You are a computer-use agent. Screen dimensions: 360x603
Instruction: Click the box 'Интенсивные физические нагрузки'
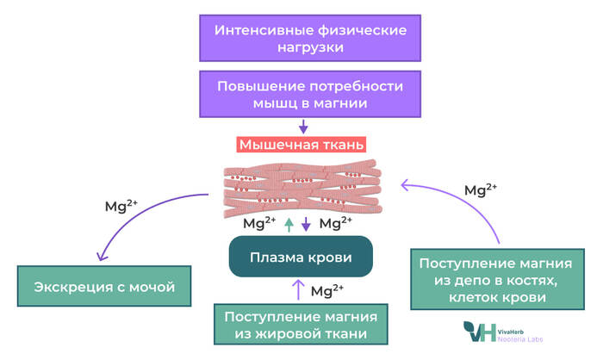[301, 38]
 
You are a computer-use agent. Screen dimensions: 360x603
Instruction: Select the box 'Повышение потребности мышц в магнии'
[301, 94]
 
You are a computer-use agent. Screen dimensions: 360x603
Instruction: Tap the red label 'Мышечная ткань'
[301, 145]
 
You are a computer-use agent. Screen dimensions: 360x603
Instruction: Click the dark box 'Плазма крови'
[301, 257]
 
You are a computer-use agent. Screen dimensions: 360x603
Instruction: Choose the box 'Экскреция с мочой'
[104, 287]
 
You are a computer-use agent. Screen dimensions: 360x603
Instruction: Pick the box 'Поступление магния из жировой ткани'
[301, 325]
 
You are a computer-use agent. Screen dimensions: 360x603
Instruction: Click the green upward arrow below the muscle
[289, 224]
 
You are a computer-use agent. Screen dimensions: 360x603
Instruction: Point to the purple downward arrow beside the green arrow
[306, 224]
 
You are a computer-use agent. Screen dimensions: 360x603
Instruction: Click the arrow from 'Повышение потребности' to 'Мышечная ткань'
[301, 127]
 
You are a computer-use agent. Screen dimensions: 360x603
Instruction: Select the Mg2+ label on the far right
[480, 189]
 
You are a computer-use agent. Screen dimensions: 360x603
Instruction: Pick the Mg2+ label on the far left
[121, 206]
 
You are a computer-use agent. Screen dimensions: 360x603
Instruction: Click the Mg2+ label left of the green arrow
[259, 223]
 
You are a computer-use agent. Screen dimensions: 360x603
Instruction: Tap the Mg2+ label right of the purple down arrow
[335, 223]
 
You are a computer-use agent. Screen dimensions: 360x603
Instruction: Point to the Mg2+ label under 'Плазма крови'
[326, 289]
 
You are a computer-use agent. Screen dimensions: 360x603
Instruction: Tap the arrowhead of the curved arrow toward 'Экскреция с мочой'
[102, 258]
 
